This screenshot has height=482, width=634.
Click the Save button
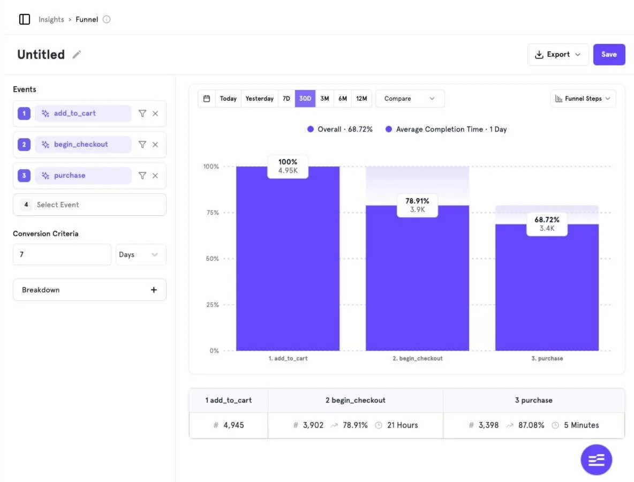click(609, 55)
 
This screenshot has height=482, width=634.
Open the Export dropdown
click(557, 55)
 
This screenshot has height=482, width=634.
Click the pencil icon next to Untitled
click(77, 55)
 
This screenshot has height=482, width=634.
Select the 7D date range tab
click(286, 99)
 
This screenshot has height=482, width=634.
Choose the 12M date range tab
click(361, 99)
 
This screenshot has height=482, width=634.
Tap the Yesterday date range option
click(260, 99)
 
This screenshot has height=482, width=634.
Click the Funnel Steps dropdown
click(583, 99)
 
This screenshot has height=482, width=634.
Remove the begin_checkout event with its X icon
click(155, 145)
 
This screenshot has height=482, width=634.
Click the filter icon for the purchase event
click(142, 176)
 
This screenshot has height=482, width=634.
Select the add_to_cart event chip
click(84, 114)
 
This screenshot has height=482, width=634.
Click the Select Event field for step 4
click(89, 205)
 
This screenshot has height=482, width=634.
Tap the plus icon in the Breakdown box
click(154, 290)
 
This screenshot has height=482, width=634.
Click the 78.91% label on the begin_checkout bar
click(417, 201)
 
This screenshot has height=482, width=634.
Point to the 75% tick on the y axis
click(212, 213)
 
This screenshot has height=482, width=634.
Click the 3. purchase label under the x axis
click(547, 359)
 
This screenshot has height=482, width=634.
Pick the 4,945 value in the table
click(233, 425)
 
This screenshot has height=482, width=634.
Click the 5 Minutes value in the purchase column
click(582, 425)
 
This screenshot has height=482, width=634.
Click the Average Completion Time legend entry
click(446, 130)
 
